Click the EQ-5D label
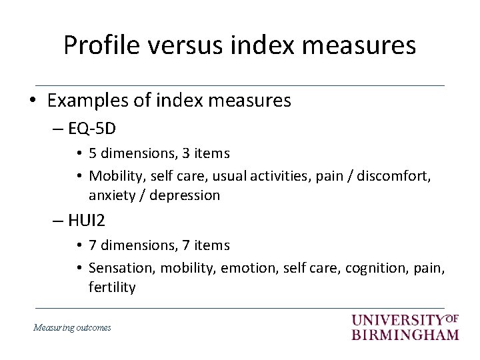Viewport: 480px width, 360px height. [92, 127]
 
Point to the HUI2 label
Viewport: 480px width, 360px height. [88, 220]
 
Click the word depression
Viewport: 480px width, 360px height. [185, 195]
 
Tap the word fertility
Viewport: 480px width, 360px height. [112, 287]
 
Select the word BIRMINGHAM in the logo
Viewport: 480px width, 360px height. [405, 334]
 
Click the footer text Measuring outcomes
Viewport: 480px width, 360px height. [72, 327]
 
